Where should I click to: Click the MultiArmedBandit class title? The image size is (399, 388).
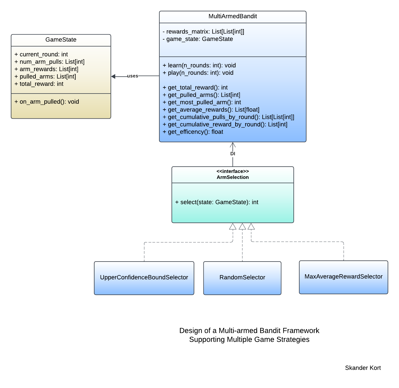coord(232,16)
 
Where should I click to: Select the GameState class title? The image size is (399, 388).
coord(61,40)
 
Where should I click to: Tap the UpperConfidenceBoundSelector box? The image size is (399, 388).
coord(144,278)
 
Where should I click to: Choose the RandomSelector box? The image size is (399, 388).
coord(242,278)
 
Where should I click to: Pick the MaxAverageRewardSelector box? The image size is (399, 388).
coord(343,277)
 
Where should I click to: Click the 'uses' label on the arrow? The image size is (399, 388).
coord(132,76)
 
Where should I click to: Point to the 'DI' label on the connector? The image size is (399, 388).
coord(232,154)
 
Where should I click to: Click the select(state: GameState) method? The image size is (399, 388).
coord(216,202)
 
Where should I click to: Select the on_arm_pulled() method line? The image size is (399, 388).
coord(47,102)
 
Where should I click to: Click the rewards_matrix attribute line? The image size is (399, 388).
coord(203,32)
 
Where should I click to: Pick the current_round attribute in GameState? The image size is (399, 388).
coord(41,55)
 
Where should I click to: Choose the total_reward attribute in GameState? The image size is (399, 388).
coord(39,84)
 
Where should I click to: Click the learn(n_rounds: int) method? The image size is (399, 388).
coord(199,66)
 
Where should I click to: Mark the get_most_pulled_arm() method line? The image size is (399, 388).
coord(202,102)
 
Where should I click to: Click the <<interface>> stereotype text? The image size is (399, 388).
coord(232,171)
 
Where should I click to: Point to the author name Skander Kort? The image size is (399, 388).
coord(363,368)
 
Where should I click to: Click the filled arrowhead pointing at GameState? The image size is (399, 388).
coord(113,76)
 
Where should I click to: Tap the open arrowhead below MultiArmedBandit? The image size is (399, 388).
coord(232,145)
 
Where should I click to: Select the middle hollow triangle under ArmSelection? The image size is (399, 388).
coord(242,227)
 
